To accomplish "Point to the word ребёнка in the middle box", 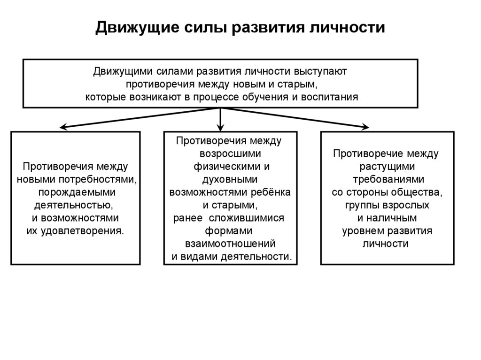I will point(271,192).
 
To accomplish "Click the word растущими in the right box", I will point(387,166).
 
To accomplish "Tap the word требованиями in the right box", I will point(388,179).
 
